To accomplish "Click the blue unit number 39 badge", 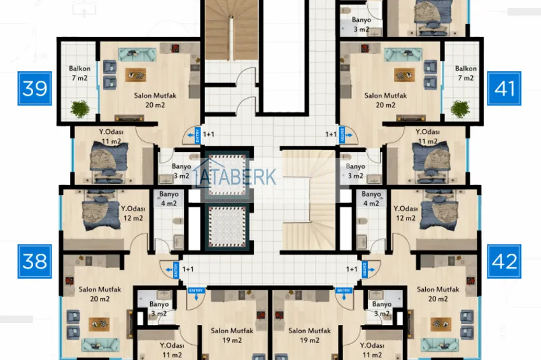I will (x=35, y=88).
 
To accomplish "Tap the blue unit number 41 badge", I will (x=504, y=88).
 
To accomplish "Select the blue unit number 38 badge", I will (x=35, y=260).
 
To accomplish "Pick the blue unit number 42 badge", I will (x=504, y=260).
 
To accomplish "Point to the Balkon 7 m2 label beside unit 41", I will (x=465, y=73).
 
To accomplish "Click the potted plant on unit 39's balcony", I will (x=81, y=109).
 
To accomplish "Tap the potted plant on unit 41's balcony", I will (x=460, y=109).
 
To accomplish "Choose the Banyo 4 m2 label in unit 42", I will (x=371, y=198).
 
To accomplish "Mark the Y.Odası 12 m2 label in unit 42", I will (x=408, y=213).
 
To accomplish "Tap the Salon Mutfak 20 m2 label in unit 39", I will (x=151, y=100).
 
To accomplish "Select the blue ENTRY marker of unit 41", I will (x=348, y=135).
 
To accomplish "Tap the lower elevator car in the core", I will (x=227, y=226).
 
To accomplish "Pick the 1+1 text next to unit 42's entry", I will (x=351, y=269).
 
